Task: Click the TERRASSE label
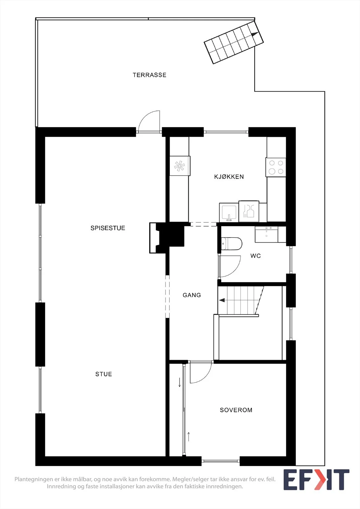149,75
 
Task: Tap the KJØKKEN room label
229,177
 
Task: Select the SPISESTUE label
108,228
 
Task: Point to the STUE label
104,374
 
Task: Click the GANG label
192,295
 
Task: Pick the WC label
256,256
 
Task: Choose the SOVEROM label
236,410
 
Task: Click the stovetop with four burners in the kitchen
276,167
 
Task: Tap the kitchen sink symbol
229,213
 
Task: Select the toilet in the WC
231,244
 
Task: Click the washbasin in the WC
266,234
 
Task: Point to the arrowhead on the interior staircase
222,300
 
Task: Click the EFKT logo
316,480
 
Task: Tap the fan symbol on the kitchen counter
180,166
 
